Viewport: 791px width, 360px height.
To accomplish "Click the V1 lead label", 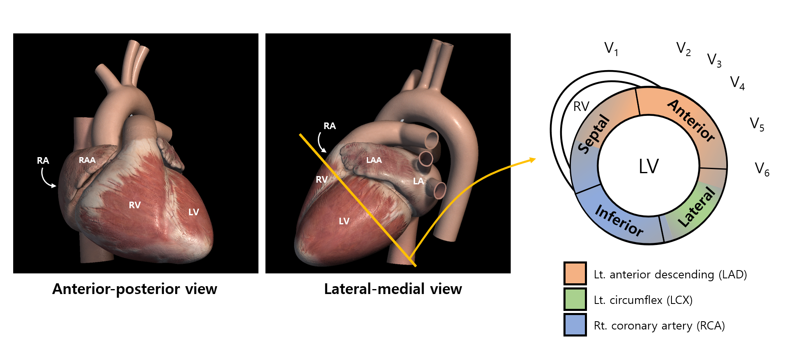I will pos(611,49).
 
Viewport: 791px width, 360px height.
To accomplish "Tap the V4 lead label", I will pos(737,83).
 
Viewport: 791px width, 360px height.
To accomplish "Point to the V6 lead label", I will pos(762,169).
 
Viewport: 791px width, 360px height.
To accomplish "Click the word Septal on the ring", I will pos(593,134).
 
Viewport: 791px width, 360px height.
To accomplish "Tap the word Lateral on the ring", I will pos(697,207).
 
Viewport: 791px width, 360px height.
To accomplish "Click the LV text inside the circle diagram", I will pos(648,167).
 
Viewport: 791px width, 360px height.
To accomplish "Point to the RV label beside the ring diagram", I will pos(581,107).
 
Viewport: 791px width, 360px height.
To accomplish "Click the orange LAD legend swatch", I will pos(575,273).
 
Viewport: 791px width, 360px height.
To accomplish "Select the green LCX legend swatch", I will pos(575,299).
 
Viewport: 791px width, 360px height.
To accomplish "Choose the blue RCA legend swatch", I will pos(575,325).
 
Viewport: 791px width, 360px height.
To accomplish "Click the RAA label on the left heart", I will pos(87,160).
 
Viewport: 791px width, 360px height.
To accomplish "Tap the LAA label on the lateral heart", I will pos(374,160).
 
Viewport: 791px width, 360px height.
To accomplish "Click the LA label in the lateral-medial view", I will pos(418,181).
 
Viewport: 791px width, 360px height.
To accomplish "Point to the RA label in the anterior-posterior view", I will pos(43,160).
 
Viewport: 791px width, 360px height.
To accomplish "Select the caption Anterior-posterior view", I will pos(135,289).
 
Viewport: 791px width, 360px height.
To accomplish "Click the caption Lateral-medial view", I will pos(393,289).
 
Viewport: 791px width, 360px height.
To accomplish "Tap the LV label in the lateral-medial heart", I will pos(344,221).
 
